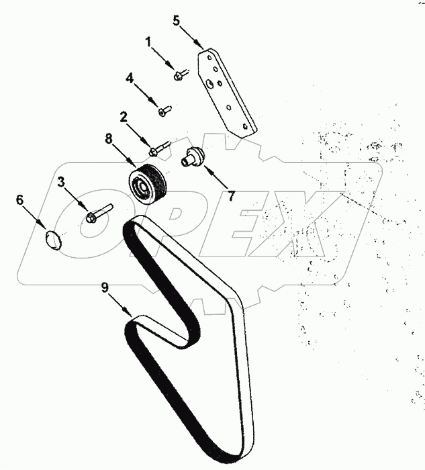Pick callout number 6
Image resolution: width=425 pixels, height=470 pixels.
point(19,199)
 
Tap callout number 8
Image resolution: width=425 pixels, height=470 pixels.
point(109,140)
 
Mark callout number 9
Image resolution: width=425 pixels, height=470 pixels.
point(105,287)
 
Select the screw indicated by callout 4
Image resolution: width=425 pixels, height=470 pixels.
point(165,109)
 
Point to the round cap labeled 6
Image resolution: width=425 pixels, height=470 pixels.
point(52,239)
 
